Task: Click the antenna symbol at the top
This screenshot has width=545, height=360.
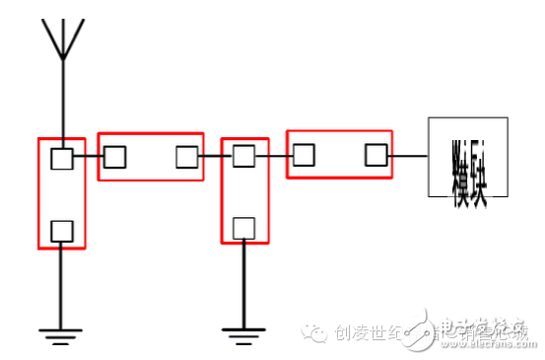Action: click(x=62, y=38)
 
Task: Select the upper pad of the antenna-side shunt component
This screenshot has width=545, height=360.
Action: click(x=62, y=159)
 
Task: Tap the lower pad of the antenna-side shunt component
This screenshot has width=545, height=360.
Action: click(x=62, y=231)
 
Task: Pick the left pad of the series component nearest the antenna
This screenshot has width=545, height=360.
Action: click(x=115, y=157)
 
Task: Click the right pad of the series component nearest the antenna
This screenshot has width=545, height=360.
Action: click(x=186, y=157)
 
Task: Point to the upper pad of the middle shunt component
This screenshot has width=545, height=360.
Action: click(x=243, y=156)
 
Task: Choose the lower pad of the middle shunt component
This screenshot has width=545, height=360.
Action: click(x=243, y=228)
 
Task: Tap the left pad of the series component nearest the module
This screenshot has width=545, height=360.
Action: click(x=304, y=155)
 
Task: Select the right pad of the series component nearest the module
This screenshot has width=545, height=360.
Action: click(x=375, y=155)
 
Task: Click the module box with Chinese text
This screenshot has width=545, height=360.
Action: click(x=467, y=157)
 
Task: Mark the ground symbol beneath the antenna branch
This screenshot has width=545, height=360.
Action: click(x=61, y=333)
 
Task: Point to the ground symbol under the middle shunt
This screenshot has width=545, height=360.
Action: click(x=242, y=333)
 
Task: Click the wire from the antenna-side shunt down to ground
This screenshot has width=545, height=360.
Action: click(x=61, y=286)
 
